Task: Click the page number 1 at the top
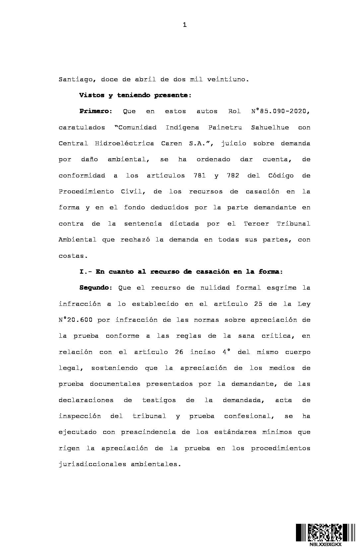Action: pyautogui.click(x=185, y=25)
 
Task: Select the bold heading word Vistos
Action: pyautogui.click(x=92, y=96)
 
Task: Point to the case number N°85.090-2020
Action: pyautogui.click(x=280, y=111)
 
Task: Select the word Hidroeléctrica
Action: pyautogui.click(x=124, y=144)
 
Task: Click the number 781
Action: pyautogui.click(x=199, y=176)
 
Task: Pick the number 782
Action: pyautogui.click(x=233, y=176)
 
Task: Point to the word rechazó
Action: pyautogui.click(x=134, y=240)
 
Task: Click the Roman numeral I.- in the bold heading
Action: pyautogui.click(x=86, y=272)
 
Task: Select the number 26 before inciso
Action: pyautogui.click(x=179, y=352)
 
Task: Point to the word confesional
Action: pyautogui.click(x=247, y=416)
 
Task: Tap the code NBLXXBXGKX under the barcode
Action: pyautogui.click(x=325, y=545)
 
